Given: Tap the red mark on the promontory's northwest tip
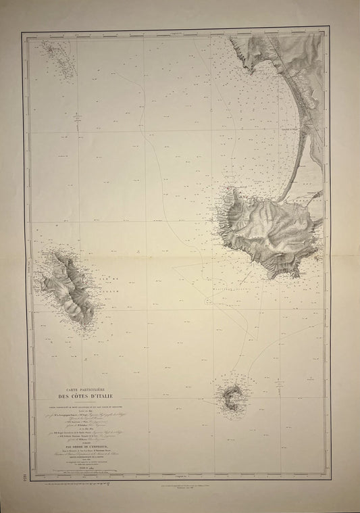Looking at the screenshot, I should coord(232,187).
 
